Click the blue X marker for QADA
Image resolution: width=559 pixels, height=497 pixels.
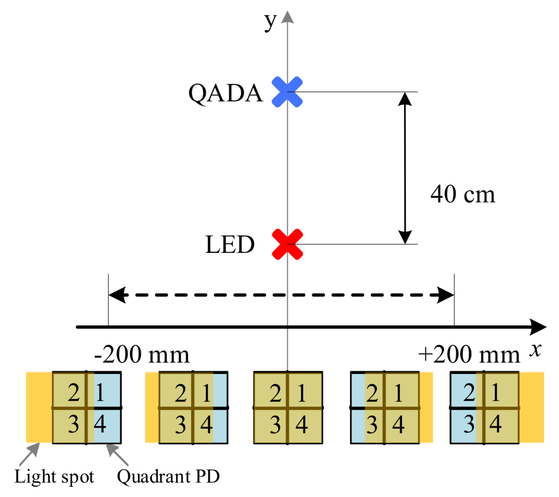(x=287, y=92)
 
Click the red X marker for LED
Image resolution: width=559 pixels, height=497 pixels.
(x=287, y=244)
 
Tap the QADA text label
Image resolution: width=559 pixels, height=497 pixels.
(x=225, y=93)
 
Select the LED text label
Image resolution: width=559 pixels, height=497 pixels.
(x=230, y=245)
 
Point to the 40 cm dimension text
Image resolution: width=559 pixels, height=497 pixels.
(x=462, y=195)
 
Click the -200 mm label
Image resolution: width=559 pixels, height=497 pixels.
(x=142, y=355)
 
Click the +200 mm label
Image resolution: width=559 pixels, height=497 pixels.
(x=469, y=355)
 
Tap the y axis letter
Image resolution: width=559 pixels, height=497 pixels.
(x=270, y=20)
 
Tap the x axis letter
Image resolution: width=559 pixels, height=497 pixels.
(x=535, y=350)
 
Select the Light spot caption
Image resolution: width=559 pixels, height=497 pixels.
(x=54, y=477)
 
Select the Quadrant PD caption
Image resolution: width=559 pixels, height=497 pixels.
(x=168, y=477)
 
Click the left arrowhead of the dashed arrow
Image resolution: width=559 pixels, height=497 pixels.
(x=117, y=295)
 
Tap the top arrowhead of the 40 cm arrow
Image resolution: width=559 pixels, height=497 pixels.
(x=404, y=98)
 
